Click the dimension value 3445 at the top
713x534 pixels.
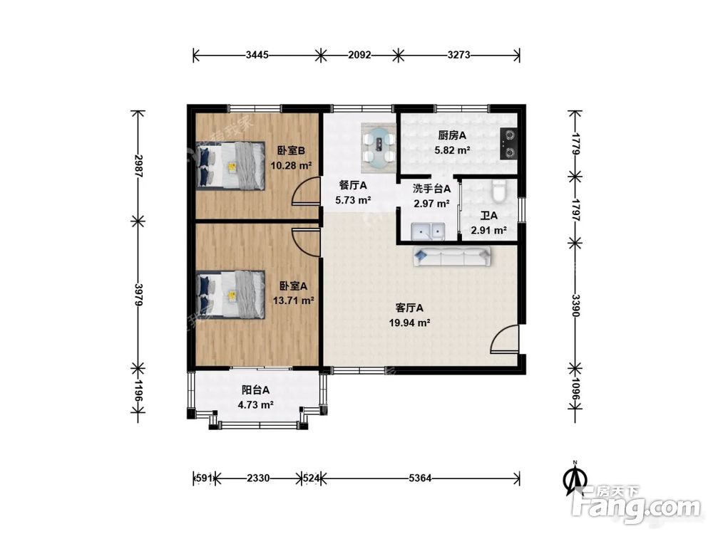point(257,56)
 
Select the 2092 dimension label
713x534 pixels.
point(359,56)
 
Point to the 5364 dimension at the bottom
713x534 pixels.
point(420,478)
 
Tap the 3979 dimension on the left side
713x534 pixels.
point(139,295)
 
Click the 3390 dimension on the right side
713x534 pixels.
point(575,305)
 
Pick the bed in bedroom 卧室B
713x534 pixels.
point(230,165)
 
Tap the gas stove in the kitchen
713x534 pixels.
point(508,144)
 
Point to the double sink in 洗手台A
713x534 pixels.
point(428,231)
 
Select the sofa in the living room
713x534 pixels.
point(453,256)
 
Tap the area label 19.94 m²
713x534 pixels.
point(410,323)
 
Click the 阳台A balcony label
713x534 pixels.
point(255,389)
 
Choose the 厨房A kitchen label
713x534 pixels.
point(452,135)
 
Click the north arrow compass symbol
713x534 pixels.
point(575,479)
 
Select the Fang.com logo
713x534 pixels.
point(636,505)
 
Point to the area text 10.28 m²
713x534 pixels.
point(291,166)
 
